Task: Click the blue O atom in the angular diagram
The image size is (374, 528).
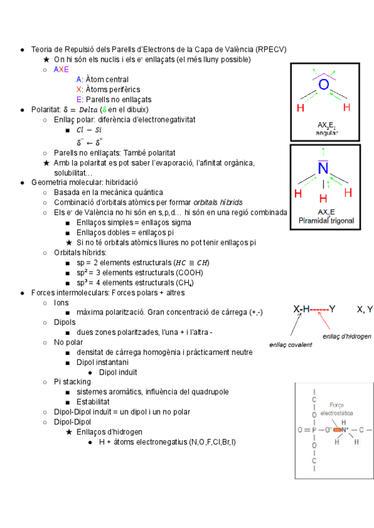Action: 323,84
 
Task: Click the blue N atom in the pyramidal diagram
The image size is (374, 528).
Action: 323,169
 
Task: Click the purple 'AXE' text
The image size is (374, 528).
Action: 61,69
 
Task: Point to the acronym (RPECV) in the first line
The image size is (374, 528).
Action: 271,49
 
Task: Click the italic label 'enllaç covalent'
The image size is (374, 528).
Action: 290,344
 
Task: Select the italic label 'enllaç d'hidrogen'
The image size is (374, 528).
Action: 347,336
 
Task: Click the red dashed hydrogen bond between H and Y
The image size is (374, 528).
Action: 319,309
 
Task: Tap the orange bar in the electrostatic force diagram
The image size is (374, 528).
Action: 339,430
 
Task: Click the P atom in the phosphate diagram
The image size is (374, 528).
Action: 314,430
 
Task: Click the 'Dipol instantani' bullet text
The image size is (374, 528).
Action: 102,362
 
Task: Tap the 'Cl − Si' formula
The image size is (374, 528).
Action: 89,130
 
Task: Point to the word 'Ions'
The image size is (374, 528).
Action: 61,302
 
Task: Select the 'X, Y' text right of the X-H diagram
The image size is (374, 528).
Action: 365,309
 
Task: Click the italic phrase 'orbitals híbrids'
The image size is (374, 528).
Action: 218,202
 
